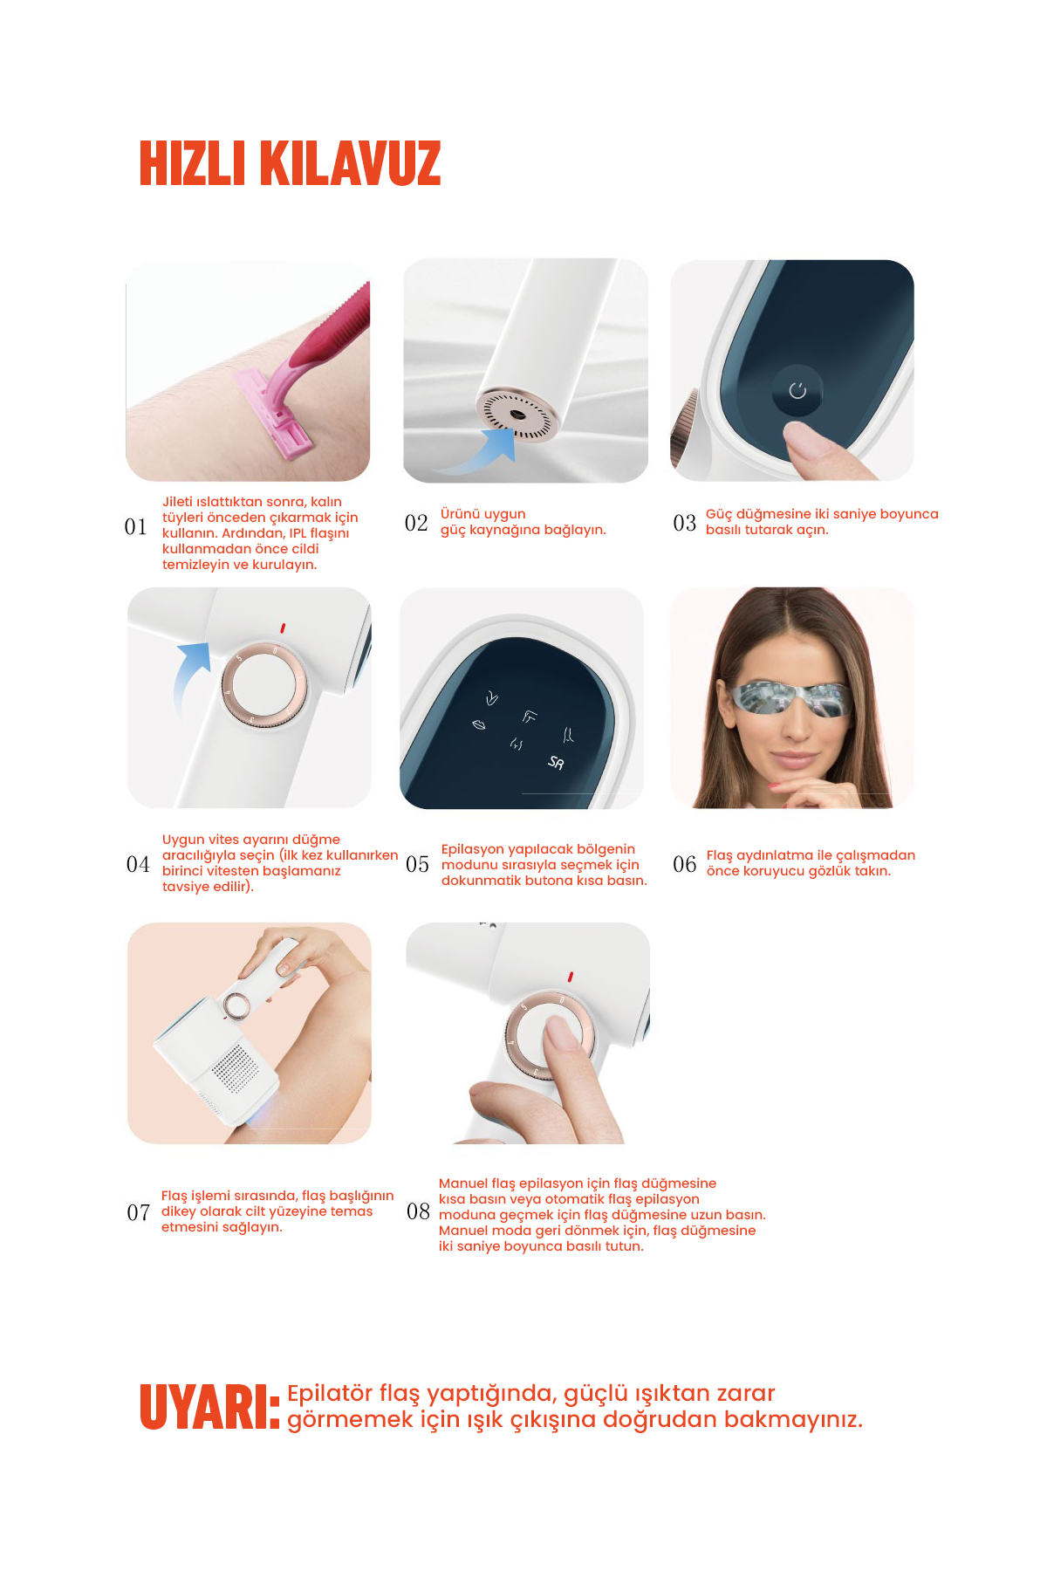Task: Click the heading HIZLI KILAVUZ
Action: (291, 163)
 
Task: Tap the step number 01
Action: (135, 527)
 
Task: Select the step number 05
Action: (417, 864)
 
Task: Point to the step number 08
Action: (418, 1211)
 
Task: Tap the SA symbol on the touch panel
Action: (556, 763)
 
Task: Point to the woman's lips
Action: (794, 757)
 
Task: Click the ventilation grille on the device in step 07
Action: (234, 1068)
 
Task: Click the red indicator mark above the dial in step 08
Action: (570, 977)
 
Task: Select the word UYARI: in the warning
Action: (210, 1407)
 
